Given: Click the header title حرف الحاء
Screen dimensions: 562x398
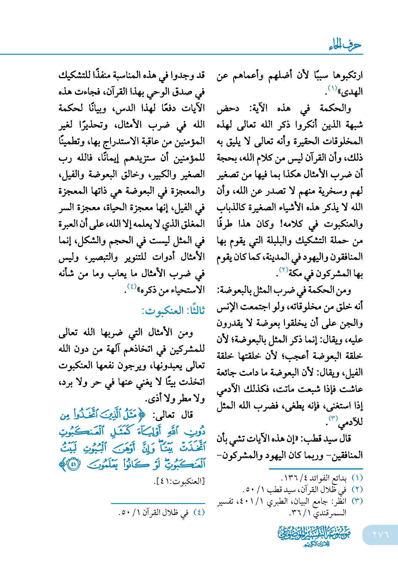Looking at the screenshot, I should pyautogui.click(x=345, y=45).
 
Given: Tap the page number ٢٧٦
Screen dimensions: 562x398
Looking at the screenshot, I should pyautogui.click(x=380, y=534).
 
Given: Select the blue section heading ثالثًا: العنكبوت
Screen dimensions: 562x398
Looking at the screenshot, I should pyautogui.click(x=174, y=311).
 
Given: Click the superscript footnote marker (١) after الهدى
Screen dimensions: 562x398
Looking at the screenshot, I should pyautogui.click(x=332, y=88).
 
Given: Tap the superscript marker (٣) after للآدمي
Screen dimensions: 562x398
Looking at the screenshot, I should pyautogui.click(x=333, y=418).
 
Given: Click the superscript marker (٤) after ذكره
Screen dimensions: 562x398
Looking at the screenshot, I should pyautogui.click(x=132, y=286).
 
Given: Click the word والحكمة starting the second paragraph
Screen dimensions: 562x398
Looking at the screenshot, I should pyautogui.click(x=335, y=108).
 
